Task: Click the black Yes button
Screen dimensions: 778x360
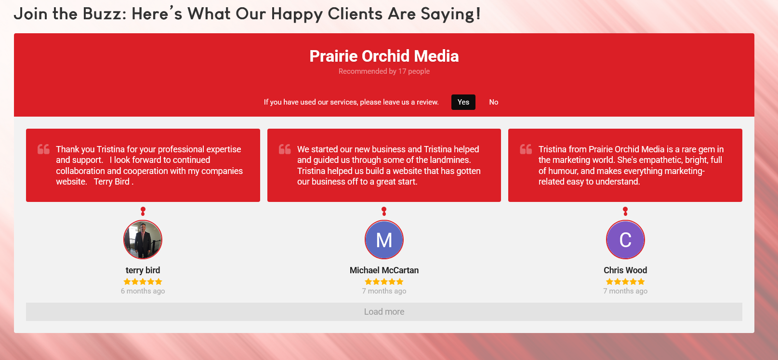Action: tap(463, 102)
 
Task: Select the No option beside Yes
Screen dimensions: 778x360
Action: tap(494, 102)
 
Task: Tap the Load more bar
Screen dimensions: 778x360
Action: tap(384, 312)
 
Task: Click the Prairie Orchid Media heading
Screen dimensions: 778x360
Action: tap(384, 56)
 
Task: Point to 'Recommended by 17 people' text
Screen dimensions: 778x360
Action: tap(384, 71)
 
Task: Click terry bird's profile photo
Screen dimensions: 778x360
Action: tap(143, 240)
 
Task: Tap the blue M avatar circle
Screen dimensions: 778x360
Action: tap(384, 240)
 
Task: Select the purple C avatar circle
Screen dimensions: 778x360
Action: tap(625, 240)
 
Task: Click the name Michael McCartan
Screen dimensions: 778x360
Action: tap(384, 270)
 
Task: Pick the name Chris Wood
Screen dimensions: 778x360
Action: tap(625, 270)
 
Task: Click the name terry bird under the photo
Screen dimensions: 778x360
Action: tap(143, 270)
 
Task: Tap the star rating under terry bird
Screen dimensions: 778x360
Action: tap(143, 281)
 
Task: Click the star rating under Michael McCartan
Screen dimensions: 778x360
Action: tap(384, 281)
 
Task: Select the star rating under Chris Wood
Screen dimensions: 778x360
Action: tap(625, 281)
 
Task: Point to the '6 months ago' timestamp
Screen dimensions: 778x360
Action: tap(143, 291)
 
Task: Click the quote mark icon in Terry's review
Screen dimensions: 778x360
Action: tap(43, 149)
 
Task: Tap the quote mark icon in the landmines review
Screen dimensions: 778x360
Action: tap(285, 149)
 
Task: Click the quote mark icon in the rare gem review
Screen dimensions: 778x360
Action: tap(526, 149)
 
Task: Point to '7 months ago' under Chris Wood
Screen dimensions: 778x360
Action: tap(625, 291)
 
